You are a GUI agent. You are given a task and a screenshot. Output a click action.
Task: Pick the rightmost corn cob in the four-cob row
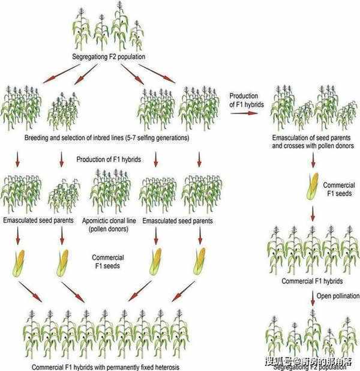point(199,263)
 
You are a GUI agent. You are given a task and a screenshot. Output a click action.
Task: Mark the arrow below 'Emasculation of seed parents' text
point(313,160)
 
